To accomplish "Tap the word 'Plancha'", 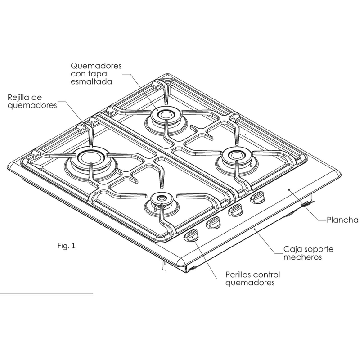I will pos(342,220).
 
